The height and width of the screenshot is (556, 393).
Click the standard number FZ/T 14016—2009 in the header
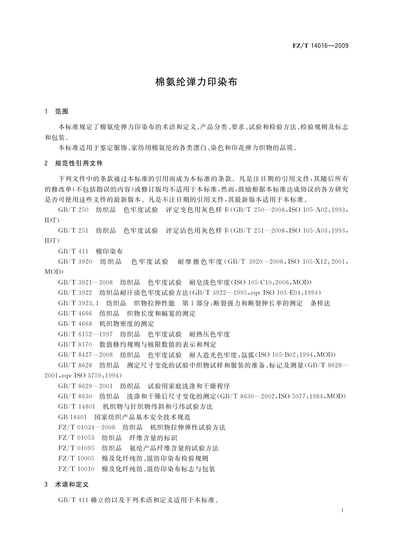[x=320, y=46]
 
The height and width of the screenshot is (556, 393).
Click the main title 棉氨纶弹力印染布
[x=196, y=82]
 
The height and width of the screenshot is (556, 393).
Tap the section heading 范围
[x=61, y=112]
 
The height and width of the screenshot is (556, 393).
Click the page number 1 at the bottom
[x=343, y=510]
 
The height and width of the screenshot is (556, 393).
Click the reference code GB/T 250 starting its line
[x=73, y=210]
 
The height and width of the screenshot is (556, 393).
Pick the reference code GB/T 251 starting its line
[x=73, y=230]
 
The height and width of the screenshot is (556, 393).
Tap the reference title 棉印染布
[x=109, y=251]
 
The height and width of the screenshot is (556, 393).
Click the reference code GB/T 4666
[x=75, y=313]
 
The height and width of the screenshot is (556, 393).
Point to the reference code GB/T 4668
[x=75, y=324]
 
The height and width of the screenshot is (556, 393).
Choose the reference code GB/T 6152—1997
[x=85, y=334]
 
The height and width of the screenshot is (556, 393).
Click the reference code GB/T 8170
[x=75, y=344]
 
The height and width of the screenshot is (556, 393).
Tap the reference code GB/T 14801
[x=77, y=406]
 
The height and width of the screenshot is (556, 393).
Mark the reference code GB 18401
[x=72, y=417]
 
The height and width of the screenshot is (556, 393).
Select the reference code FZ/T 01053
[x=76, y=438]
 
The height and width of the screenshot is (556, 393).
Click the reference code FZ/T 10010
[x=76, y=469]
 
